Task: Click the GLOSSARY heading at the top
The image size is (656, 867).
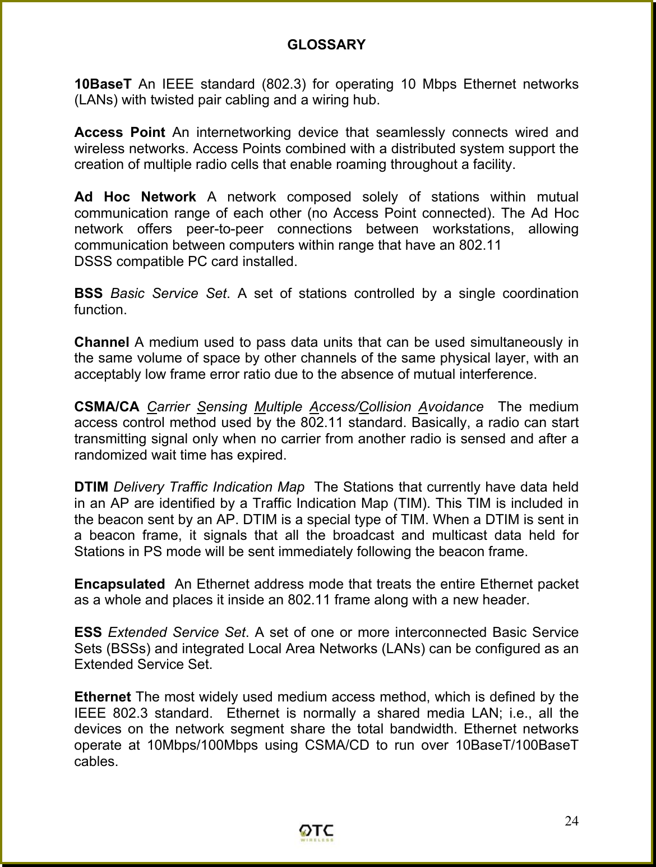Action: [326, 44]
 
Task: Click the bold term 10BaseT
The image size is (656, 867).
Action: [103, 85]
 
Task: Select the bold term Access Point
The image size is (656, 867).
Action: [119, 133]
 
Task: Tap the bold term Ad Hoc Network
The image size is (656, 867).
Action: [135, 198]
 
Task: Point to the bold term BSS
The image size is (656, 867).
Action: [88, 293]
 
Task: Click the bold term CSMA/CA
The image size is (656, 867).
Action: [107, 407]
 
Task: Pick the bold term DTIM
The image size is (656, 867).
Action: [92, 487]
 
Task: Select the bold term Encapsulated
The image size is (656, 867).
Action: [119, 584]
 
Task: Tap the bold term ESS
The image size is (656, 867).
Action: [87, 633]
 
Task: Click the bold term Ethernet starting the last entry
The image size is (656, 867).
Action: [102, 698]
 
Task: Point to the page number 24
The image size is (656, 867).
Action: [571, 822]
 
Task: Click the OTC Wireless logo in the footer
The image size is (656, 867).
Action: [317, 833]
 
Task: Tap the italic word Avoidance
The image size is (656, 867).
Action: [451, 407]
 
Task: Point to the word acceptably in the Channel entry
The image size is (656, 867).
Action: [105, 374]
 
